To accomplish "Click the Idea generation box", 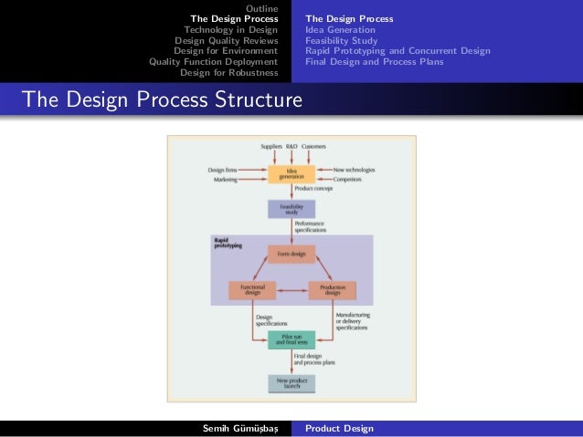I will (x=291, y=175).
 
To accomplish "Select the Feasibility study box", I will (x=291, y=210).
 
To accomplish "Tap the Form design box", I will (x=291, y=255).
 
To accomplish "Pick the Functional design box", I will (x=252, y=290).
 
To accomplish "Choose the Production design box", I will (x=332, y=290).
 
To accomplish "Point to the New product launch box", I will (x=291, y=382).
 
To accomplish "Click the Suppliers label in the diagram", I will (x=270, y=147).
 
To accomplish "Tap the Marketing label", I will (x=224, y=181).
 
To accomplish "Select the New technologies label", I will (x=354, y=171).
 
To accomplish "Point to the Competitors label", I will (x=350, y=181).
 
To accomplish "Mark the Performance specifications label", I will (x=313, y=227).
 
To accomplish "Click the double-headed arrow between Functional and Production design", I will (x=291, y=290).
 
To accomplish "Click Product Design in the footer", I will (x=339, y=428).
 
